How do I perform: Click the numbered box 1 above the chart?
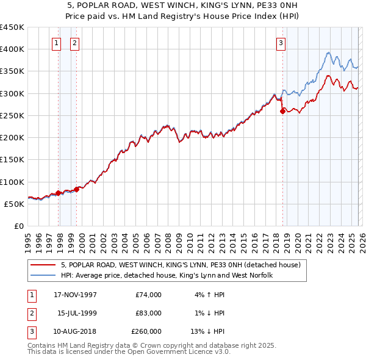click(56, 43)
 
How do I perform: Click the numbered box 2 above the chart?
click(74, 43)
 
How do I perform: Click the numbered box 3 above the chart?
click(281, 43)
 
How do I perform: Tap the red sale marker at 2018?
click(283, 111)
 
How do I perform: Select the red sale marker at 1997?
click(59, 193)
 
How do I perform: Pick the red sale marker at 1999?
click(77, 189)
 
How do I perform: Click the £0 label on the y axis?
click(19, 226)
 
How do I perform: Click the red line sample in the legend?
click(44, 265)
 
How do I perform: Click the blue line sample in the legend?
click(44, 276)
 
